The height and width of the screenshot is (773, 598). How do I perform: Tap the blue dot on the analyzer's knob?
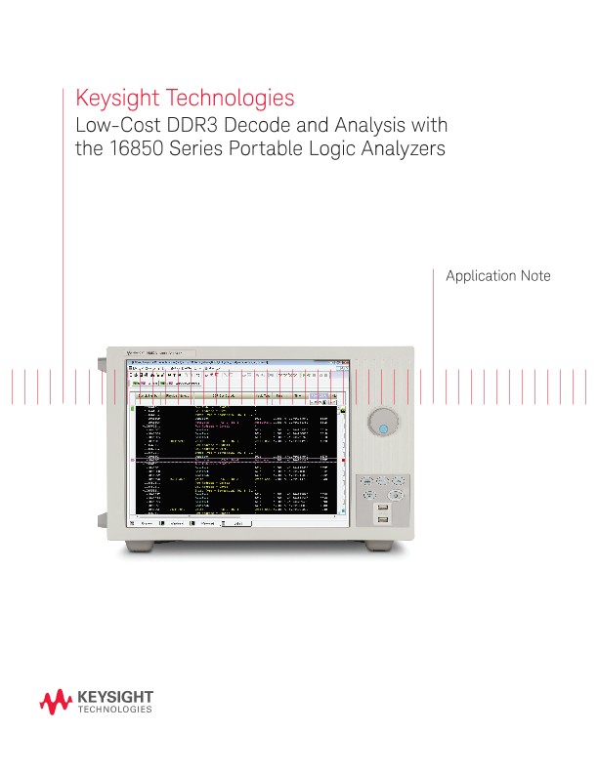click(x=384, y=427)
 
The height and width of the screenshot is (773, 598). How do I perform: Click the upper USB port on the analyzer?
click(x=383, y=508)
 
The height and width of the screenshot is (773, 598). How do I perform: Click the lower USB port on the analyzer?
click(x=383, y=519)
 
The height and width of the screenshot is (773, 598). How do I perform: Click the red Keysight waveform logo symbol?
click(x=55, y=701)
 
